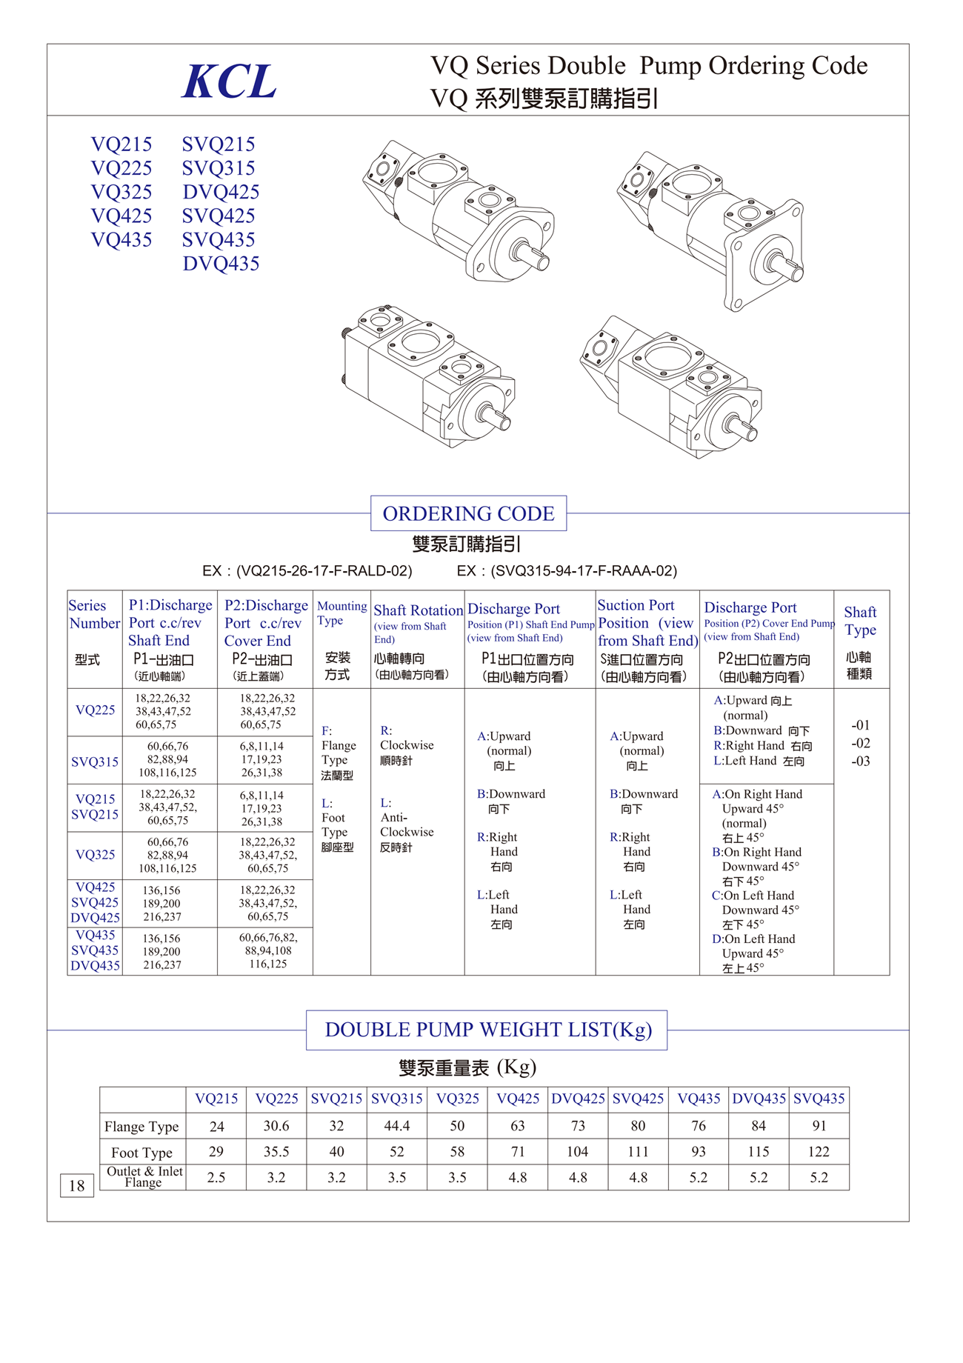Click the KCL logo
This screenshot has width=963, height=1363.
click(229, 81)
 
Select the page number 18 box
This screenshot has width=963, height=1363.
click(76, 1185)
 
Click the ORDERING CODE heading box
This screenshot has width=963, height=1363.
click(468, 513)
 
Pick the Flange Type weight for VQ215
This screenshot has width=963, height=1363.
click(216, 1127)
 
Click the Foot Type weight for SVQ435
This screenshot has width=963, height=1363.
click(819, 1152)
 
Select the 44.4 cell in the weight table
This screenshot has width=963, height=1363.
click(397, 1126)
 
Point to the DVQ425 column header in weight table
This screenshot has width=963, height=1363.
click(578, 1099)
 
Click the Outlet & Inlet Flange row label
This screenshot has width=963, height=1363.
click(144, 1176)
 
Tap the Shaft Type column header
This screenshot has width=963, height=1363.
click(860, 621)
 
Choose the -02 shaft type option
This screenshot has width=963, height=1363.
click(860, 743)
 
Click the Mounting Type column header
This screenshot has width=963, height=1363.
click(341, 613)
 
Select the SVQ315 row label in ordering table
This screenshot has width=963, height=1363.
click(95, 762)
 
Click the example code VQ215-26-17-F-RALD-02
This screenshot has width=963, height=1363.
click(307, 571)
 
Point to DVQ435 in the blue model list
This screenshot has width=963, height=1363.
click(221, 264)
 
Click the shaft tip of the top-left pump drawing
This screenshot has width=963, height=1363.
click(542, 261)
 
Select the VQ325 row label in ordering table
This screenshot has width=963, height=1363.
click(95, 855)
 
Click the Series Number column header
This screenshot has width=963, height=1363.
click(94, 614)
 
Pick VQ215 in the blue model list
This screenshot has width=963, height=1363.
click(121, 144)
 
